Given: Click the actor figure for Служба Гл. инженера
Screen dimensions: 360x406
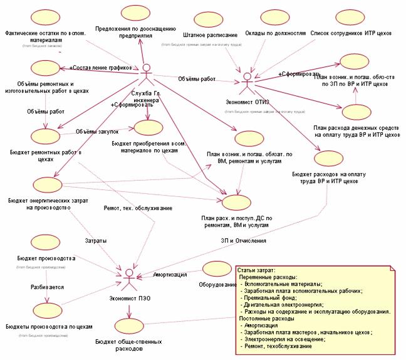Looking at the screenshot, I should [x=147, y=75].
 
